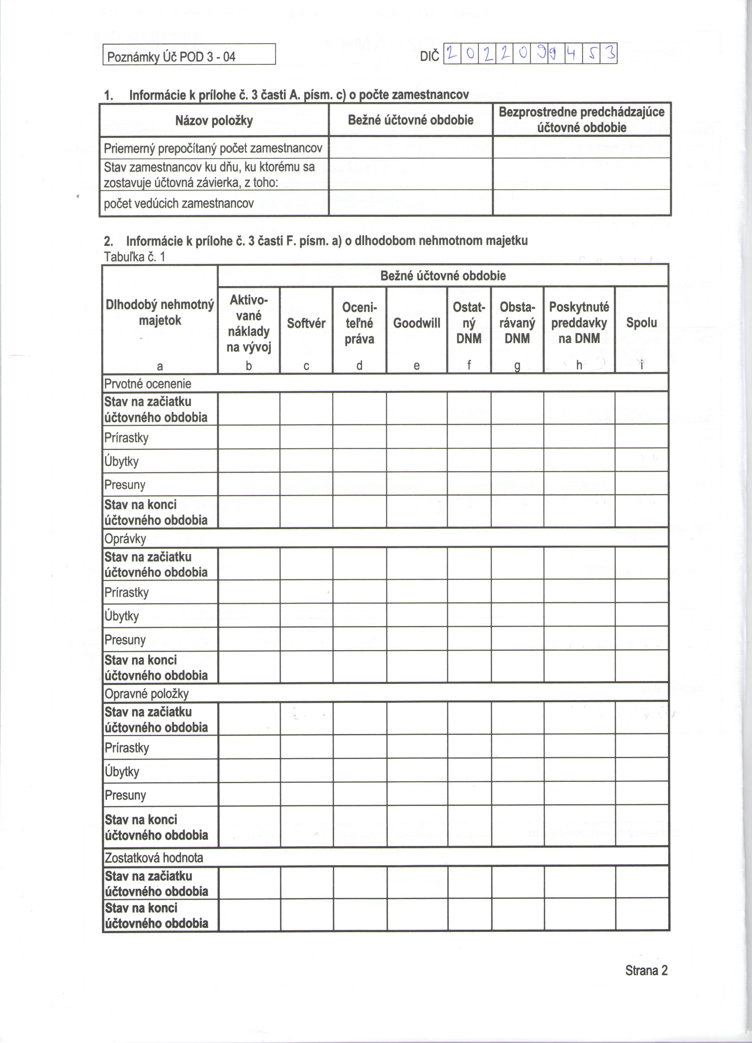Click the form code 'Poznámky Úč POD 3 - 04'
pyautogui.click(x=171, y=57)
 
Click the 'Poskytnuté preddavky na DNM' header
pyautogui.click(x=579, y=323)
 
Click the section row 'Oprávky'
pyautogui.click(x=125, y=539)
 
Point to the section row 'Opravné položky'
pyautogui.click(x=146, y=694)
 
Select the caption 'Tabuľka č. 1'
pyautogui.click(x=134, y=257)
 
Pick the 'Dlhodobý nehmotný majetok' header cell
pyautogui.click(x=160, y=313)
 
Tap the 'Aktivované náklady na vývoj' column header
pyautogui.click(x=248, y=323)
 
